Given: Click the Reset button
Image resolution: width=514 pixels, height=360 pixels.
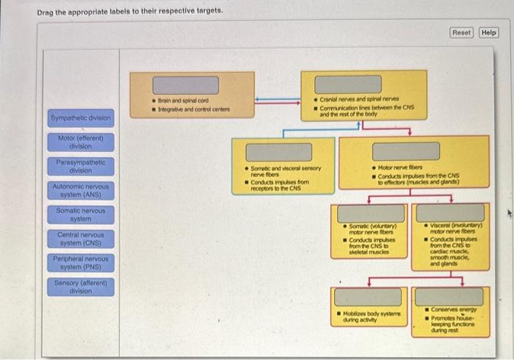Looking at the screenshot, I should pyautogui.click(x=462, y=32).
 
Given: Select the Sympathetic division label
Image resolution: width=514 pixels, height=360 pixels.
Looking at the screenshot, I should pyautogui.click(x=81, y=118).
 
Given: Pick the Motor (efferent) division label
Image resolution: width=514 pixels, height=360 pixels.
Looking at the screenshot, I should pyautogui.click(x=81, y=142).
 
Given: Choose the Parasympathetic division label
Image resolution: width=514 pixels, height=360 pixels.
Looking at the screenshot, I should pyautogui.click(x=81, y=166).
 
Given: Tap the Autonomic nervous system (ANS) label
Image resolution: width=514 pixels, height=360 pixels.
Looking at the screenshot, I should pyautogui.click(x=81, y=190).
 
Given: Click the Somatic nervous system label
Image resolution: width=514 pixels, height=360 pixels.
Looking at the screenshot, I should pyautogui.click(x=81, y=215).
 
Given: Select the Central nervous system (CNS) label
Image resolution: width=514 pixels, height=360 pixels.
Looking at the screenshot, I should pyautogui.click(x=81, y=239).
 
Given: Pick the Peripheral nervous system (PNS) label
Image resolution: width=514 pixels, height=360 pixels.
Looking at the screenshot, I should pyautogui.click(x=81, y=262).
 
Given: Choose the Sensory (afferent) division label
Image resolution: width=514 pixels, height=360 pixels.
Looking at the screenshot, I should pyautogui.click(x=81, y=287).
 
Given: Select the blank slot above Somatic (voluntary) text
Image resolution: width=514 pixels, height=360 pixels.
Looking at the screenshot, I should pyautogui.click(x=368, y=213).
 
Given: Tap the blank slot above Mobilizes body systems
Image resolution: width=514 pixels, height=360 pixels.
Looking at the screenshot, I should pyautogui.click(x=368, y=297).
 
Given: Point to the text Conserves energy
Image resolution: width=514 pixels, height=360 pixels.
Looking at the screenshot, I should pyautogui.click(x=455, y=309).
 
